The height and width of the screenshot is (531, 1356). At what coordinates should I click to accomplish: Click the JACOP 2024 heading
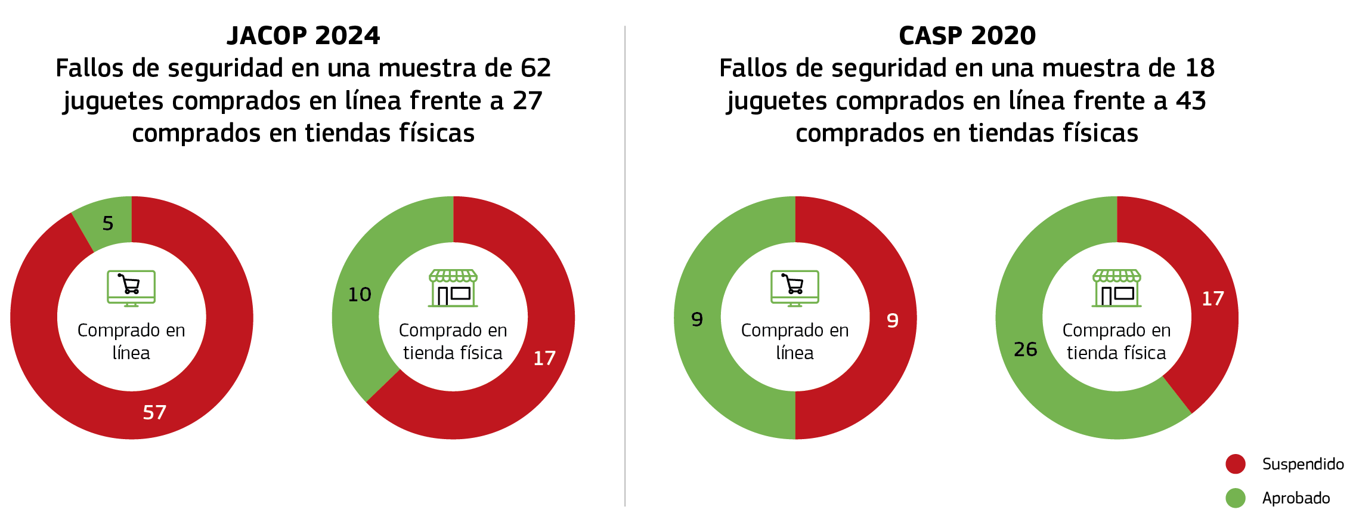click(x=303, y=36)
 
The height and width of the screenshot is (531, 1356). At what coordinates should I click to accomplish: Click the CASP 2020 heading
click(x=967, y=36)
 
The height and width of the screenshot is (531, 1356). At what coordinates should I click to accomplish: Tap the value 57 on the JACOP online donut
click(x=154, y=412)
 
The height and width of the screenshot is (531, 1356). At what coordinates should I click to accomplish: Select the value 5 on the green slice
click(x=108, y=223)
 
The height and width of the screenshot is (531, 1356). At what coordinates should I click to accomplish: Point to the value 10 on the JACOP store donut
click(x=360, y=294)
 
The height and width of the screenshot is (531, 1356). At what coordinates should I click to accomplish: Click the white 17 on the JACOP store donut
click(x=544, y=358)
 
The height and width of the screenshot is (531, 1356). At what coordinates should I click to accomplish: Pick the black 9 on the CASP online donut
click(x=697, y=320)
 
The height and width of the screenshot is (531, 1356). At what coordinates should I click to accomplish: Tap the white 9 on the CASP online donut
click(x=892, y=321)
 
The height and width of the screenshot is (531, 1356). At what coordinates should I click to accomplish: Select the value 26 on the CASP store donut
click(x=1025, y=349)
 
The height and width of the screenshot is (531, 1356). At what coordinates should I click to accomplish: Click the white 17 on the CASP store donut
click(x=1212, y=298)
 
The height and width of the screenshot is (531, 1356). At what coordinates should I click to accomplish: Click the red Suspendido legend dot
click(x=1235, y=464)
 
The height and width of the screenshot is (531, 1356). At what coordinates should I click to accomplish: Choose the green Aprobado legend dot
click(x=1235, y=498)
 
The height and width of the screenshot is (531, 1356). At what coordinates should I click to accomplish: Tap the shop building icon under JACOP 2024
click(x=453, y=288)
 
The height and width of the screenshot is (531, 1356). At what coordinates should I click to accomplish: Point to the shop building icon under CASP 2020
click(x=1116, y=288)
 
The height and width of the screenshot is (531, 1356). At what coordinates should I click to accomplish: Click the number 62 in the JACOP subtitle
click(x=535, y=68)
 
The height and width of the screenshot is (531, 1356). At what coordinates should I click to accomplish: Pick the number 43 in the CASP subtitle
click(x=1191, y=101)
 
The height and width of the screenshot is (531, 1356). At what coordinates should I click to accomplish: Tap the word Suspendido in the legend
click(x=1303, y=464)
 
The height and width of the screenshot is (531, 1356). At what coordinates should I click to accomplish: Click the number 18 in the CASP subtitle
click(x=1200, y=68)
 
